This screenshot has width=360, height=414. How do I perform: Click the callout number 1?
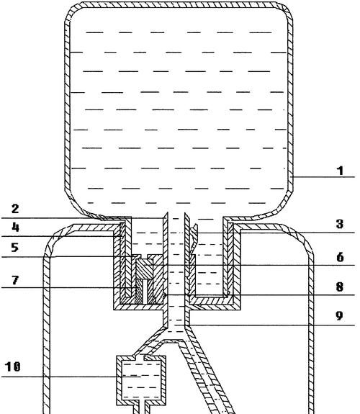click(x=341, y=171)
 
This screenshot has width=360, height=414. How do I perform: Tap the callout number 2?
click(x=15, y=209)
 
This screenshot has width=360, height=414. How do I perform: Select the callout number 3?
click(x=340, y=224)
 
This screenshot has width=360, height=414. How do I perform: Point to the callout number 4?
click(x=16, y=227)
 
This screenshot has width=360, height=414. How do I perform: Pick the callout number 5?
click(x=15, y=248)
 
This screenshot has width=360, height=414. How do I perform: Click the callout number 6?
click(x=340, y=257)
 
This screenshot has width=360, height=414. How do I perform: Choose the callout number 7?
click(x=15, y=280)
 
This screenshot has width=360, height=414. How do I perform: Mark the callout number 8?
click(x=340, y=287)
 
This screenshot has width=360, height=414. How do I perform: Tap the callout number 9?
click(x=340, y=315)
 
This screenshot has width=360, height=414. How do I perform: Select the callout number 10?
click(x=13, y=366)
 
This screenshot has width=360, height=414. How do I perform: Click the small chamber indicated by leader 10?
click(x=141, y=380)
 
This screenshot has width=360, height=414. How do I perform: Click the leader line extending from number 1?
click(x=323, y=176)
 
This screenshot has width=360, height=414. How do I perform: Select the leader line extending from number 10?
click(x=71, y=377)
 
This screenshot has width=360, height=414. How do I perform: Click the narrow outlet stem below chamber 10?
click(x=142, y=410)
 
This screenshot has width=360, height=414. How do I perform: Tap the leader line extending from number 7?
click(x=69, y=287)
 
